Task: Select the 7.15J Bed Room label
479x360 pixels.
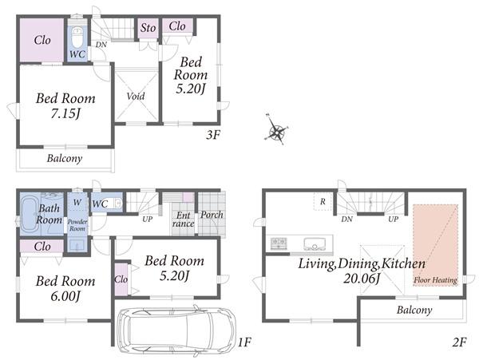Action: pyautogui.click(x=65, y=106)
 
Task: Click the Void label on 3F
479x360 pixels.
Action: pyautogui.click(x=135, y=97)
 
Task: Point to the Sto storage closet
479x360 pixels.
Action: pyautogui.click(x=148, y=29)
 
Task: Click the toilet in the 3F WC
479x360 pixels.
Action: pyautogui.click(x=77, y=37)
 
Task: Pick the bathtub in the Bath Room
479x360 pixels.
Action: pyautogui.click(x=31, y=210)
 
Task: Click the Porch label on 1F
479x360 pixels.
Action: pyautogui.click(x=212, y=214)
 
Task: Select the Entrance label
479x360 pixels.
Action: pyautogui.click(x=183, y=219)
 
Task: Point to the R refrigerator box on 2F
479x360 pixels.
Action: pyautogui.click(x=322, y=201)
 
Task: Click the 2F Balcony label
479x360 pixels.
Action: pyautogui.click(x=413, y=310)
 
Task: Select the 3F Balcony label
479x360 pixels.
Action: pyautogui.click(x=64, y=158)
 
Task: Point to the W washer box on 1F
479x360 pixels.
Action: pyautogui.click(x=77, y=202)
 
